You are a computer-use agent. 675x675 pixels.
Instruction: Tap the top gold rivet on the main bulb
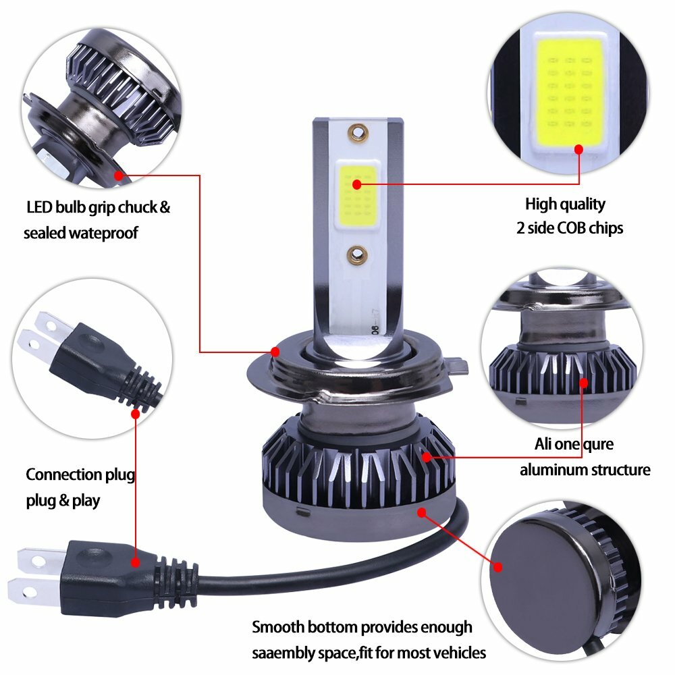355,129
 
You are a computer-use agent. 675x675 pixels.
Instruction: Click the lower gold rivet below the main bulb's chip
355,255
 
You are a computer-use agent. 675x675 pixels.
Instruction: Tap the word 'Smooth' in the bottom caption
279,627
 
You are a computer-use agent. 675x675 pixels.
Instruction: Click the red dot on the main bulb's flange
275,352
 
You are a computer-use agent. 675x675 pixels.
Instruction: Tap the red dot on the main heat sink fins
427,457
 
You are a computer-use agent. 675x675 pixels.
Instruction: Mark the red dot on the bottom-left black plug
136,562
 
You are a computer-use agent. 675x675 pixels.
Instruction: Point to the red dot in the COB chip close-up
578,148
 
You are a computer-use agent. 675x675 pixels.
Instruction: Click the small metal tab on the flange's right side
458,368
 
